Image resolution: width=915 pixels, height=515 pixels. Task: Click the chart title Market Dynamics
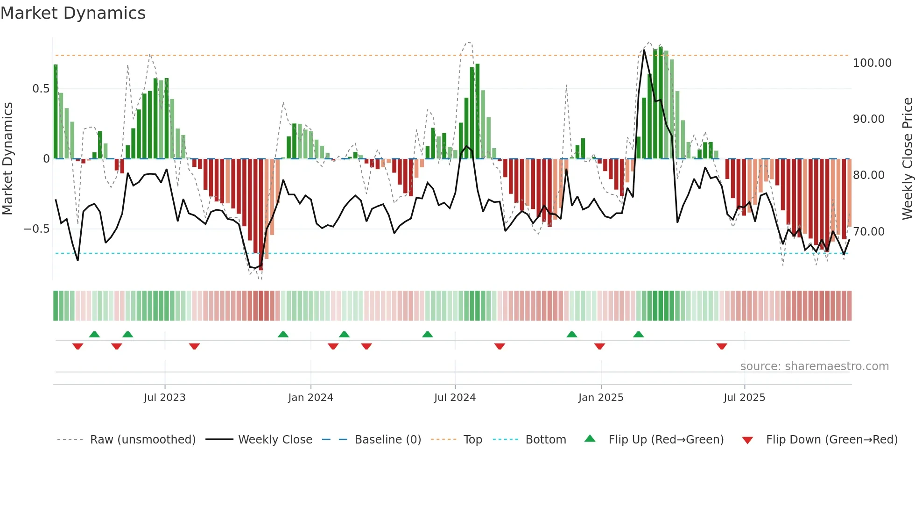click(x=73, y=13)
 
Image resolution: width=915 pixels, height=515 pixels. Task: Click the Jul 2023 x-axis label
click(x=164, y=398)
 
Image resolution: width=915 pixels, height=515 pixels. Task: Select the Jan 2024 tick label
click(x=310, y=398)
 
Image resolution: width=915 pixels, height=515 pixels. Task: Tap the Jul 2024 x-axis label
click(x=455, y=398)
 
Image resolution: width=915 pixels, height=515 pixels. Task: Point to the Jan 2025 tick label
click(x=601, y=398)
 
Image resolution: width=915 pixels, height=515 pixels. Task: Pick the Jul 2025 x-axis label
click(x=744, y=398)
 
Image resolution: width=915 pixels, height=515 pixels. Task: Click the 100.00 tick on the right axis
click(x=872, y=63)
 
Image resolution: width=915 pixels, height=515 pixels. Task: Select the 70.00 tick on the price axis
click(x=868, y=232)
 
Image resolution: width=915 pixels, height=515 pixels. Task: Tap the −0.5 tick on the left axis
click(x=36, y=229)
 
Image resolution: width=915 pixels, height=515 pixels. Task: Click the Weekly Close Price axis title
click(x=907, y=159)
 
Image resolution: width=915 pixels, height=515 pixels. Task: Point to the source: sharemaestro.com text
click(x=814, y=366)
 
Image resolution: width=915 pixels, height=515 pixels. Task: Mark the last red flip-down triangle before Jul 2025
click(x=722, y=346)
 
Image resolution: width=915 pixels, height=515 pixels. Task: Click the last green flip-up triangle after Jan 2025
click(x=639, y=334)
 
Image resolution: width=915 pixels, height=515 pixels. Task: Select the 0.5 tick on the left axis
click(x=41, y=89)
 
